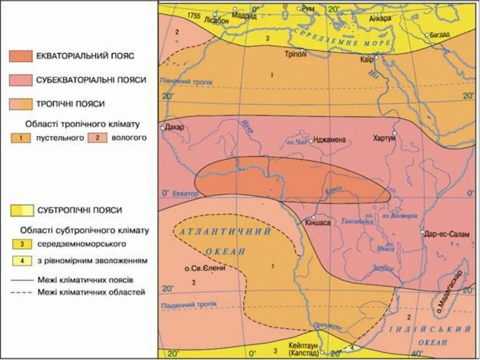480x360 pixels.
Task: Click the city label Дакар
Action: click(x=174, y=126)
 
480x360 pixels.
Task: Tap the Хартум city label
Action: click(x=384, y=138)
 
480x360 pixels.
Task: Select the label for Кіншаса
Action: click(x=318, y=223)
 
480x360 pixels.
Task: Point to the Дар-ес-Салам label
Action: click(x=448, y=233)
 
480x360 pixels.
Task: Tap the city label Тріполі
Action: click(x=295, y=54)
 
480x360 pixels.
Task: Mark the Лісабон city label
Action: click(x=216, y=21)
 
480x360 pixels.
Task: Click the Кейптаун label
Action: click(x=303, y=345)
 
